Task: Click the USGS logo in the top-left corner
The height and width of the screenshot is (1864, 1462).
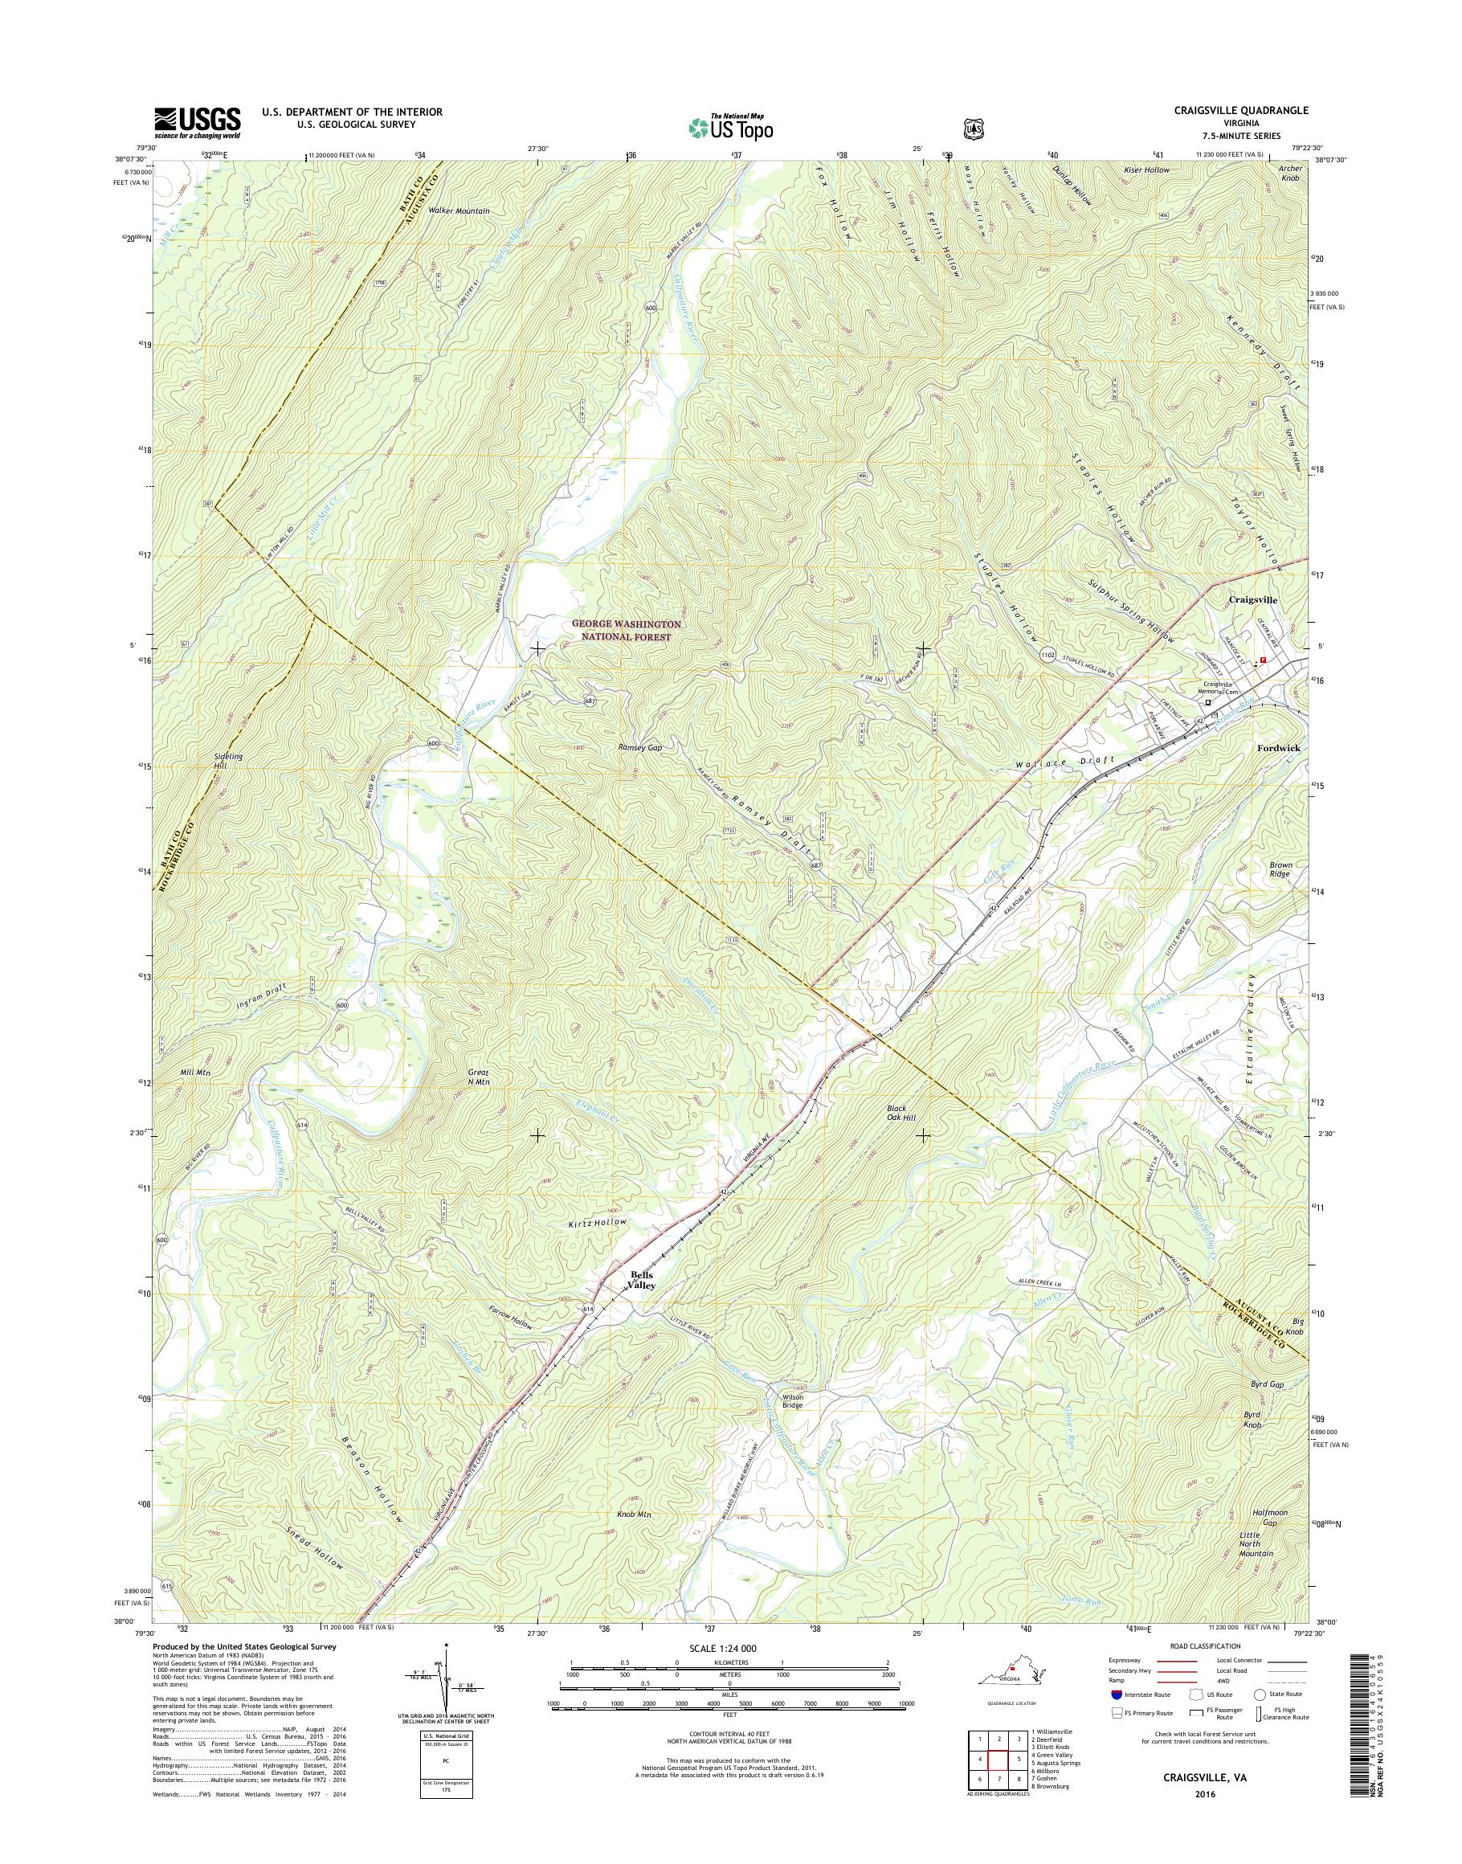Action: [x=197, y=122]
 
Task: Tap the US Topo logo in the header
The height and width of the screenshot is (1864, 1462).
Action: [x=730, y=128]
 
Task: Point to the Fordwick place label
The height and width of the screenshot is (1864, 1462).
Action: [x=1278, y=747]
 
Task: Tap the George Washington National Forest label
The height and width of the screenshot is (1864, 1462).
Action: [x=627, y=631]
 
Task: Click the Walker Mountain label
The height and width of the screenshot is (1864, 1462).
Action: [x=459, y=211]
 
